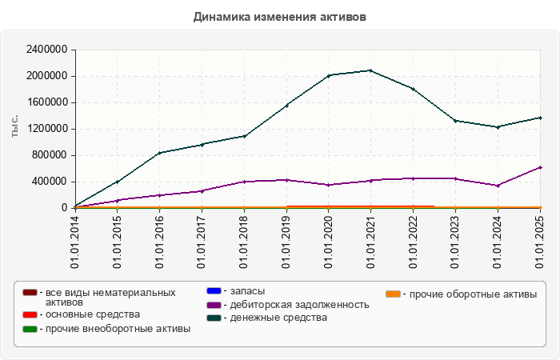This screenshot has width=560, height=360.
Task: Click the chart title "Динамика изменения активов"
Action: (280, 16)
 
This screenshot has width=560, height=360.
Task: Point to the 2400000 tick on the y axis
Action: (46, 50)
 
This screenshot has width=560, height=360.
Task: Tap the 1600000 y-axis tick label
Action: (46, 102)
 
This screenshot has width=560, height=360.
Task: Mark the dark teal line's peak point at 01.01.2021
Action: (371, 70)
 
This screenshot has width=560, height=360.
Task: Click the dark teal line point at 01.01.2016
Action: (160, 153)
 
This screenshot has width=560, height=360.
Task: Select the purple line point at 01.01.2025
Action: (540, 167)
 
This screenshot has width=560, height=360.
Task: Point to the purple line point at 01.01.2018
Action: (244, 182)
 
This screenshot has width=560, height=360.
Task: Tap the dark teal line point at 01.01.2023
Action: (455, 121)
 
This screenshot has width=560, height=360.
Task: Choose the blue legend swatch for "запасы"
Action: (214, 290)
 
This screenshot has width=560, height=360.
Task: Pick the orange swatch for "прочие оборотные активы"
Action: (394, 294)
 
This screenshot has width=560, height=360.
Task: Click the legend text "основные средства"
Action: (93, 314)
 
